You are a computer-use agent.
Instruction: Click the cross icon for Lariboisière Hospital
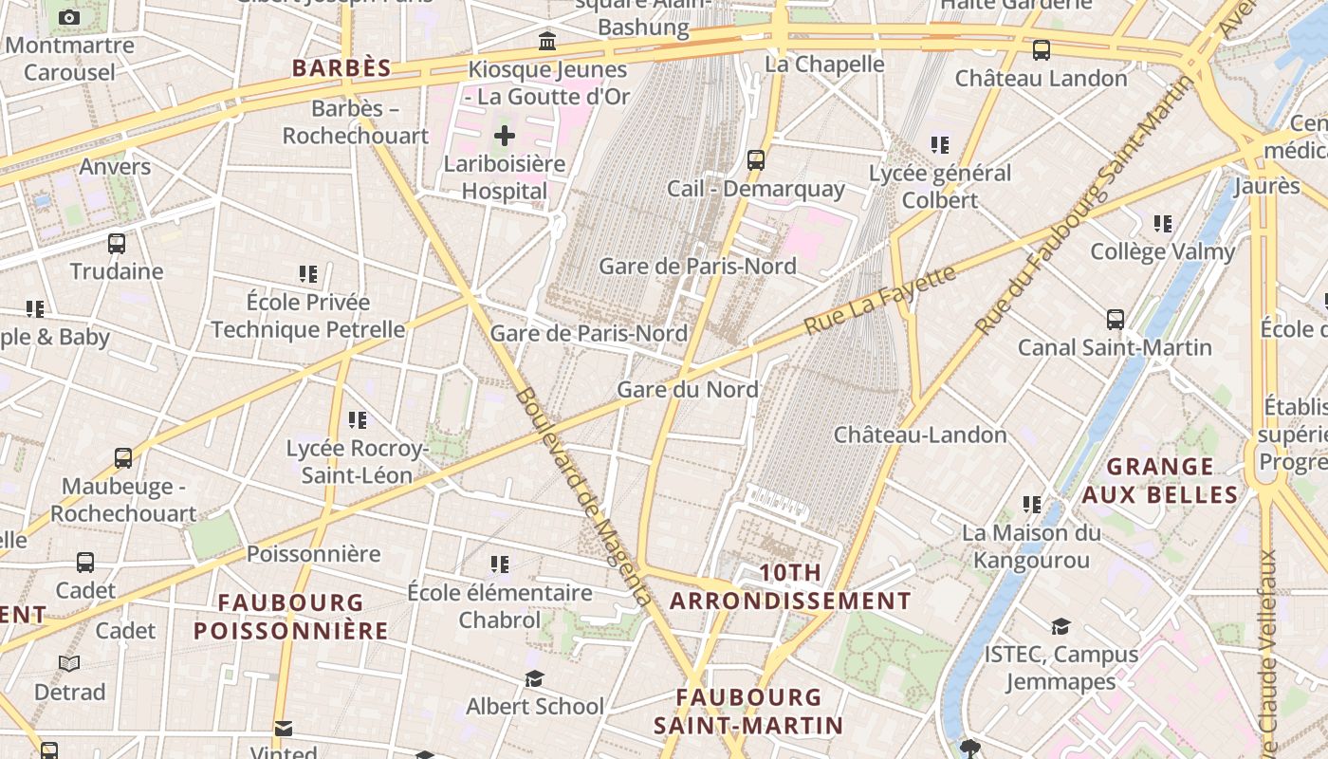pyautogui.click(x=505, y=136)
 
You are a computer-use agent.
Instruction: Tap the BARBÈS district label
pyautogui.click(x=341, y=67)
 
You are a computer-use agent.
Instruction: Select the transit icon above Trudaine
pyautogui.click(x=117, y=244)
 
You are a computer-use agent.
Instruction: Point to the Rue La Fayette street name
pyautogui.click(x=879, y=300)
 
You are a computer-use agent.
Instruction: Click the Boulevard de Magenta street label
pyautogui.click(x=583, y=496)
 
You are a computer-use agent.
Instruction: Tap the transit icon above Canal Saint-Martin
pyautogui.click(x=1116, y=320)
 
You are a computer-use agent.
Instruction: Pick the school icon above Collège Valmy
pyautogui.click(x=1163, y=224)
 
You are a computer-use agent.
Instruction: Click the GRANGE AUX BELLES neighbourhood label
pyautogui.click(x=1160, y=480)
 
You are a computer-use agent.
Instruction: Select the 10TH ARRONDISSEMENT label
pyautogui.click(x=790, y=586)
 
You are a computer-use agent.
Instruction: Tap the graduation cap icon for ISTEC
pyautogui.click(x=1061, y=626)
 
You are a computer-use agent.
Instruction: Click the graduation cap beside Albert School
pyautogui.click(x=535, y=678)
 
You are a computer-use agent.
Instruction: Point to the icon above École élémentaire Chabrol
pyautogui.click(x=500, y=565)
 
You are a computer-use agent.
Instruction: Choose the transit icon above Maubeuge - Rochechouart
pyautogui.click(x=123, y=458)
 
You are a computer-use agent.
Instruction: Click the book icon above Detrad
pyautogui.click(x=69, y=663)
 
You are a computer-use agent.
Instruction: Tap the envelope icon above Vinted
pyautogui.click(x=283, y=729)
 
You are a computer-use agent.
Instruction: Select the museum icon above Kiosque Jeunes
pyautogui.click(x=547, y=42)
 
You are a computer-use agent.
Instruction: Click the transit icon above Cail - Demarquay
pyautogui.click(x=756, y=160)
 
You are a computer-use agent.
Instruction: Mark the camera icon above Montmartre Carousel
pyautogui.click(x=69, y=17)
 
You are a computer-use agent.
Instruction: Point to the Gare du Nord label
pyautogui.click(x=688, y=389)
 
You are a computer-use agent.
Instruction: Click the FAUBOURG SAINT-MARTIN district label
pyautogui.click(x=748, y=711)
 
